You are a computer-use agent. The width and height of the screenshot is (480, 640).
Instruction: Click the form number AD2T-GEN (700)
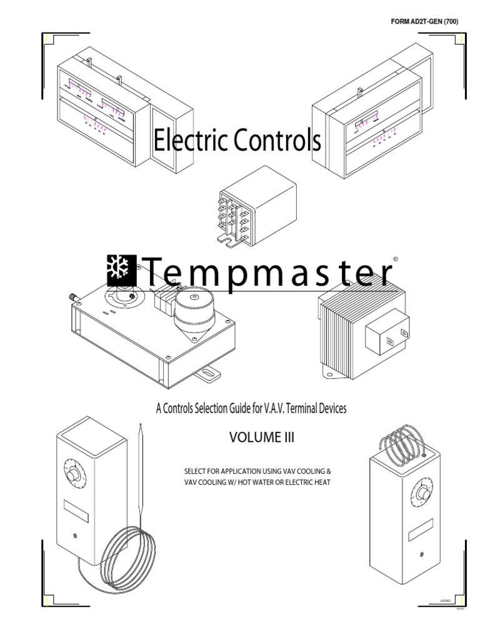pyautogui.click(x=424, y=23)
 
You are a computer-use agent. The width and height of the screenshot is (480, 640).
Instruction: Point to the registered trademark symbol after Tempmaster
pyautogui.click(x=395, y=257)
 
